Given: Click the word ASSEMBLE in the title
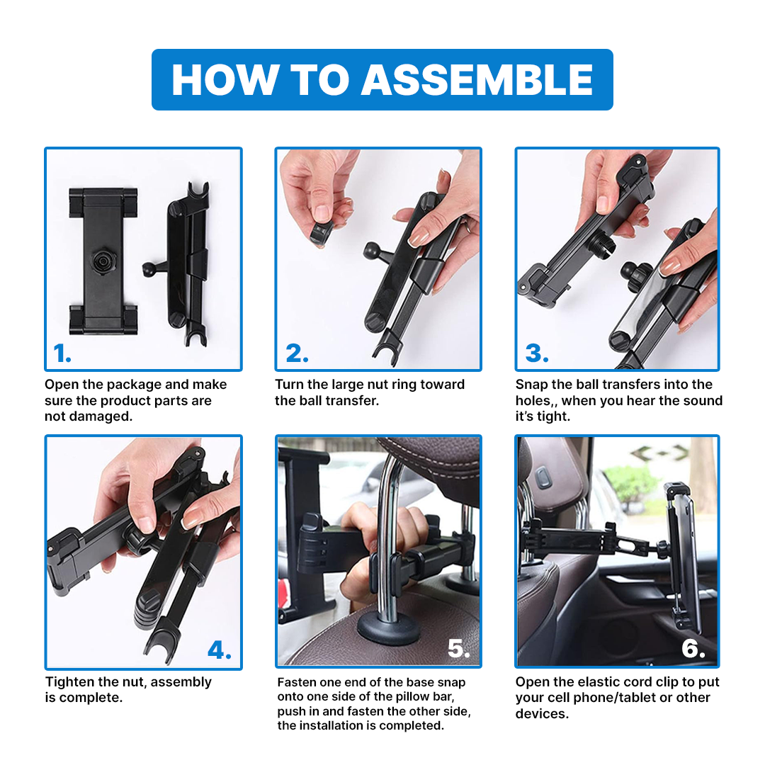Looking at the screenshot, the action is click(x=477, y=79).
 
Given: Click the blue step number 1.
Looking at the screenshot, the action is click(x=62, y=353).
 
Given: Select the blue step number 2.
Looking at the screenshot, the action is click(x=297, y=353).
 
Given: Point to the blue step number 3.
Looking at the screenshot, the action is click(x=537, y=353).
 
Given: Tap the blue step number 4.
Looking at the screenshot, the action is click(x=219, y=650).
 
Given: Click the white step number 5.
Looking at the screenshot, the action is click(x=458, y=648).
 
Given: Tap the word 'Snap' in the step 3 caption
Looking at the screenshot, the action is click(x=531, y=385).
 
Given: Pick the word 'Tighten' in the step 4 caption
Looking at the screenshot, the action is click(x=69, y=682).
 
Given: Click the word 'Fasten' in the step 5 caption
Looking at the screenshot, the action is click(x=297, y=682).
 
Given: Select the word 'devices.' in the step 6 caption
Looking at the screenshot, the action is click(x=542, y=714).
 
